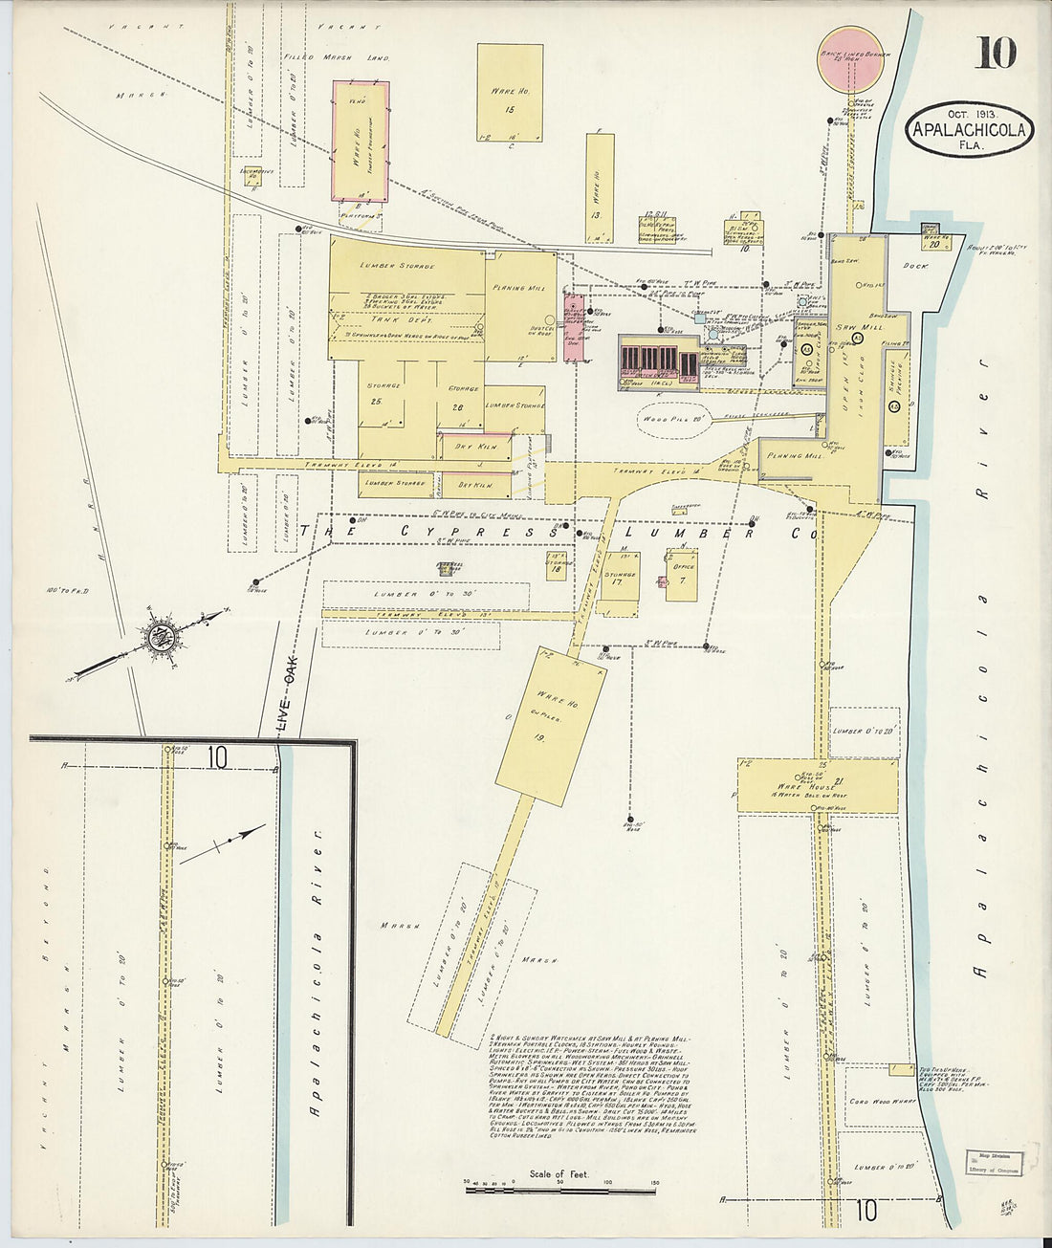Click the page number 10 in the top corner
[996, 54]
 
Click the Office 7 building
[682, 575]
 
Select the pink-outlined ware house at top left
[361, 142]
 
